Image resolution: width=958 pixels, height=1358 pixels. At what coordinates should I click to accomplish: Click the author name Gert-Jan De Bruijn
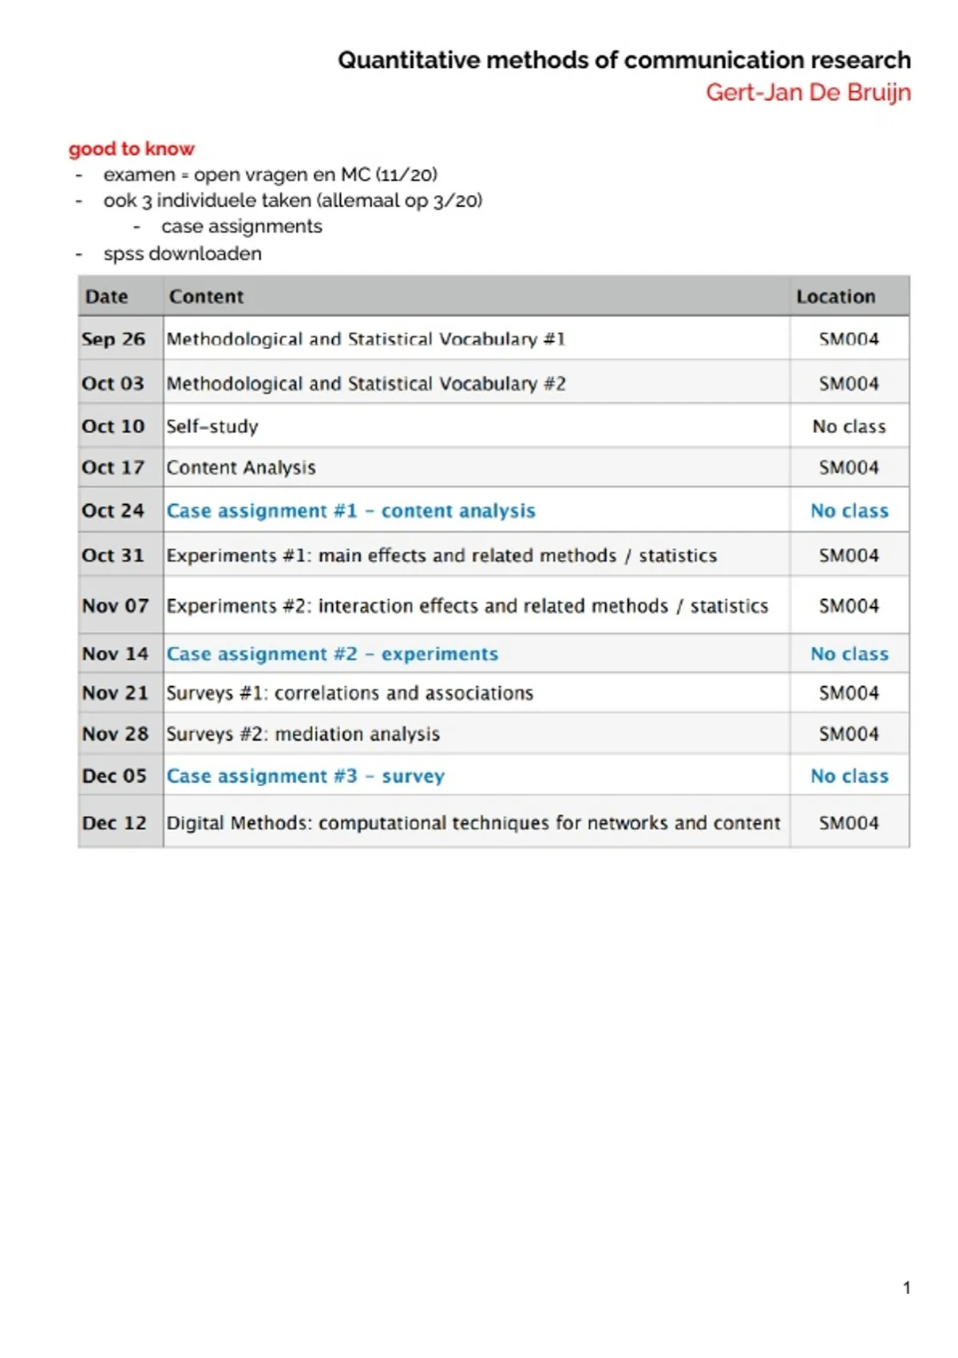pyautogui.click(x=808, y=93)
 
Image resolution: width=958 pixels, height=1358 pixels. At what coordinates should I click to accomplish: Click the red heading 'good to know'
pyautogui.click(x=132, y=149)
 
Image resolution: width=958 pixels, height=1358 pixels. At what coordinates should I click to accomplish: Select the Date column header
pyautogui.click(x=107, y=296)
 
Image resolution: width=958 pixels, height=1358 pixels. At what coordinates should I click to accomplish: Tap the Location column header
pyautogui.click(x=836, y=296)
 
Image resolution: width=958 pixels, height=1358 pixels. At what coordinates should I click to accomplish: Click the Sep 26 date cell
pyautogui.click(x=113, y=339)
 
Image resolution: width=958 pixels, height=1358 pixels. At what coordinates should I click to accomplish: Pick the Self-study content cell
pyautogui.click(x=212, y=427)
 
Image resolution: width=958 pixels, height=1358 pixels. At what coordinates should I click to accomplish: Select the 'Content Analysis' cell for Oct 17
pyautogui.click(x=241, y=467)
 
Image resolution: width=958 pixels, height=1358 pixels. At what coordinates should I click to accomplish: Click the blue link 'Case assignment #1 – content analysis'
pyautogui.click(x=350, y=510)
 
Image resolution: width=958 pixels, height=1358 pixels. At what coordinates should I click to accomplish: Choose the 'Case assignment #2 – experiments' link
pyautogui.click(x=332, y=653)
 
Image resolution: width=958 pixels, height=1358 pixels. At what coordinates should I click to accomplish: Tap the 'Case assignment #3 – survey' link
pyautogui.click(x=306, y=776)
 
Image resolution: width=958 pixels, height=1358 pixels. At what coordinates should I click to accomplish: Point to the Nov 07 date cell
pyautogui.click(x=115, y=606)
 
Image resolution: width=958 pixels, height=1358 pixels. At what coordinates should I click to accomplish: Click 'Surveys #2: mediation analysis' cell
pyautogui.click(x=303, y=733)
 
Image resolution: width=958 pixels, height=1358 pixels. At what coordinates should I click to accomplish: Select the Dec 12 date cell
pyautogui.click(x=114, y=823)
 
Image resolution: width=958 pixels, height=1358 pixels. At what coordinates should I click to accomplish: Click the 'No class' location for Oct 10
pyautogui.click(x=849, y=427)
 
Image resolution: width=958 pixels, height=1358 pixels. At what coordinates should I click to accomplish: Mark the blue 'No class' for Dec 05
pyautogui.click(x=849, y=776)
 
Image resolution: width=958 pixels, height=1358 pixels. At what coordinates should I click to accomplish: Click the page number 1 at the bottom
pyautogui.click(x=907, y=1288)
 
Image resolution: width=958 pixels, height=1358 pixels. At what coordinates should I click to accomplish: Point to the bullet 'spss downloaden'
pyautogui.click(x=183, y=253)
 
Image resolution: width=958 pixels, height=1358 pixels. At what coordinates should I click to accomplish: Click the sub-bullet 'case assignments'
pyautogui.click(x=242, y=226)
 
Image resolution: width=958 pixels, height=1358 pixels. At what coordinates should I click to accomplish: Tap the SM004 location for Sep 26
pyautogui.click(x=849, y=339)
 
